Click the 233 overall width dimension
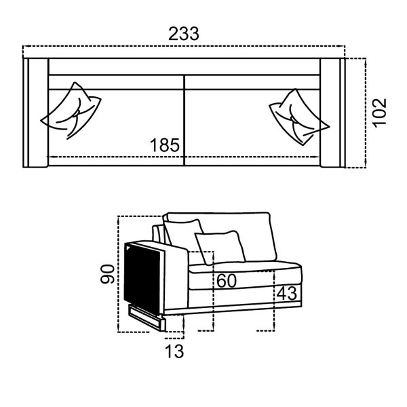184,34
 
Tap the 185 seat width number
165,145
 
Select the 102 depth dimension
379,113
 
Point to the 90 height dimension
107,274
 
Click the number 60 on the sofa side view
227,281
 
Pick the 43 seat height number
286,293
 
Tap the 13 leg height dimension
174,351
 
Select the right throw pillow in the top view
299,117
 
